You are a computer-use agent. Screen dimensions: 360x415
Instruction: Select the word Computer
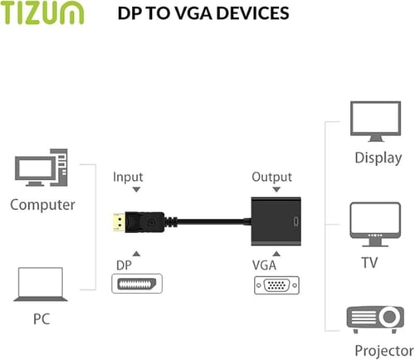tap(43, 204)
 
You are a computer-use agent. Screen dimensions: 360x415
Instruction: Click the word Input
tap(128, 177)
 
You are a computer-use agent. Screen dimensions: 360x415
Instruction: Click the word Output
tap(271, 177)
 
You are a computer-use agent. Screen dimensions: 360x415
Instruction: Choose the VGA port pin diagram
tap(276, 285)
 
